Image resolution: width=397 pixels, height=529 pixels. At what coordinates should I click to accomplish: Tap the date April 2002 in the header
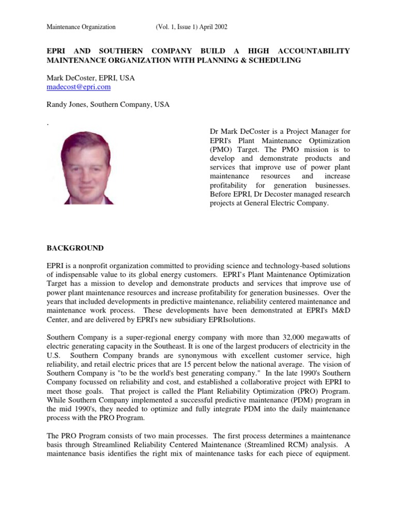213,26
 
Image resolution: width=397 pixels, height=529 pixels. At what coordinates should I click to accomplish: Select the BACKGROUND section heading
75,248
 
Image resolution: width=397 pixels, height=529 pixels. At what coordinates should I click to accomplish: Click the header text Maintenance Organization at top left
81,26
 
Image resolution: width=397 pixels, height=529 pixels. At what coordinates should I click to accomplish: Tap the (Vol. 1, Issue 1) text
176,26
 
